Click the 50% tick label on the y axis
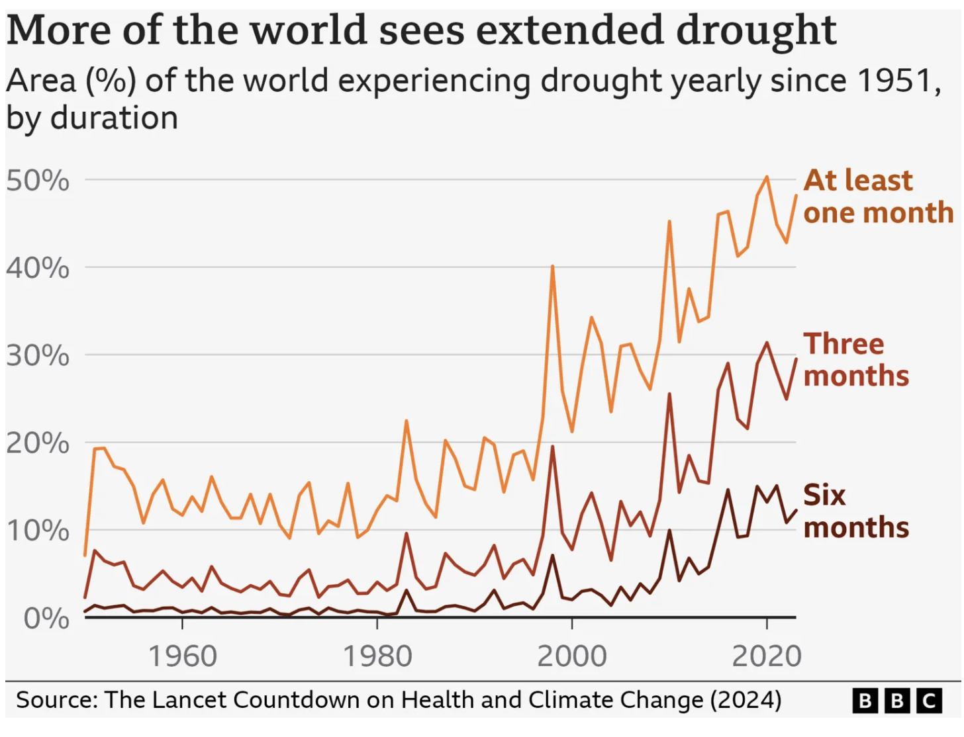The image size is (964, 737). pyautogui.click(x=38, y=181)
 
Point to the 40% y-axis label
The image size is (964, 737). pyautogui.click(x=38, y=269)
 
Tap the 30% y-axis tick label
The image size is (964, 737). pyautogui.click(x=38, y=356)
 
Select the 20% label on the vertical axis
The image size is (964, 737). pyautogui.click(x=38, y=443)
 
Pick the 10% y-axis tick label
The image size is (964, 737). pyautogui.click(x=38, y=531)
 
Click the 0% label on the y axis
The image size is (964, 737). pyautogui.click(x=46, y=619)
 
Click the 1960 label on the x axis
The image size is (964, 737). pyautogui.click(x=182, y=656)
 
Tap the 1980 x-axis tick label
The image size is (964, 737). pyautogui.click(x=377, y=656)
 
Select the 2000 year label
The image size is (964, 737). pyautogui.click(x=572, y=656)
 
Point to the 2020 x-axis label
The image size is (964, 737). pyautogui.click(x=767, y=656)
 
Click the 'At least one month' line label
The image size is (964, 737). pyautogui.click(x=878, y=196)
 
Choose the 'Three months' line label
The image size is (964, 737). pyautogui.click(x=855, y=360)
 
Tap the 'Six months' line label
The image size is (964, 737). pyautogui.click(x=855, y=511)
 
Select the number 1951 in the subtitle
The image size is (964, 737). pyautogui.click(x=898, y=81)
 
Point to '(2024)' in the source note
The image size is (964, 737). pyautogui.click(x=746, y=700)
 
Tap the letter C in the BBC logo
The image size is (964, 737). pyautogui.click(x=929, y=701)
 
